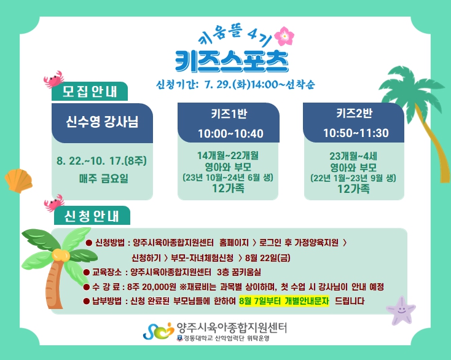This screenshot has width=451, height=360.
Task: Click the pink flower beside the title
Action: tap(284, 36)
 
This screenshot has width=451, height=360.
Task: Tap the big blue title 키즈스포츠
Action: tap(232, 61)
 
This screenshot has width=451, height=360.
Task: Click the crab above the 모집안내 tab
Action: tap(53, 79)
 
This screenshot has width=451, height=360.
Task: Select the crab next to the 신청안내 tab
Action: tap(54, 203)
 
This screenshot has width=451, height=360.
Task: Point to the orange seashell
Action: tap(18, 181)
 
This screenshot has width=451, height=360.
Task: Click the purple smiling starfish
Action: tap(401, 310)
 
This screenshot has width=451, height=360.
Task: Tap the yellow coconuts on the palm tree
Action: tap(61, 255)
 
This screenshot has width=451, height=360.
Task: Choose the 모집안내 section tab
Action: tap(90, 92)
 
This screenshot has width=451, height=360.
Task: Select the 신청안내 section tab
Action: tap(92, 216)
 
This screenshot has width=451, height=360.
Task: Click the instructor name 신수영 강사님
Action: tap(102, 122)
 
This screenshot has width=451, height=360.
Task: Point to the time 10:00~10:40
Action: tap(230, 134)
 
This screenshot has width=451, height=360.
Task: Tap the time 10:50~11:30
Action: tap(356, 133)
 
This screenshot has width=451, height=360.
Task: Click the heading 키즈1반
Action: tap(229, 114)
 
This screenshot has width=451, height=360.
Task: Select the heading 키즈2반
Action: tap(355, 113)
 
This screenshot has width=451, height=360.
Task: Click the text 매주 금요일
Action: tap(104, 179)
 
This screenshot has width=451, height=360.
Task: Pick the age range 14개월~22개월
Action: tap(228, 155)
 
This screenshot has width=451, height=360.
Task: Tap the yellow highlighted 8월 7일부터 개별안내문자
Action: tap(284, 301)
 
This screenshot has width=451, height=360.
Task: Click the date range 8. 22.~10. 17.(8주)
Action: tap(101, 161)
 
